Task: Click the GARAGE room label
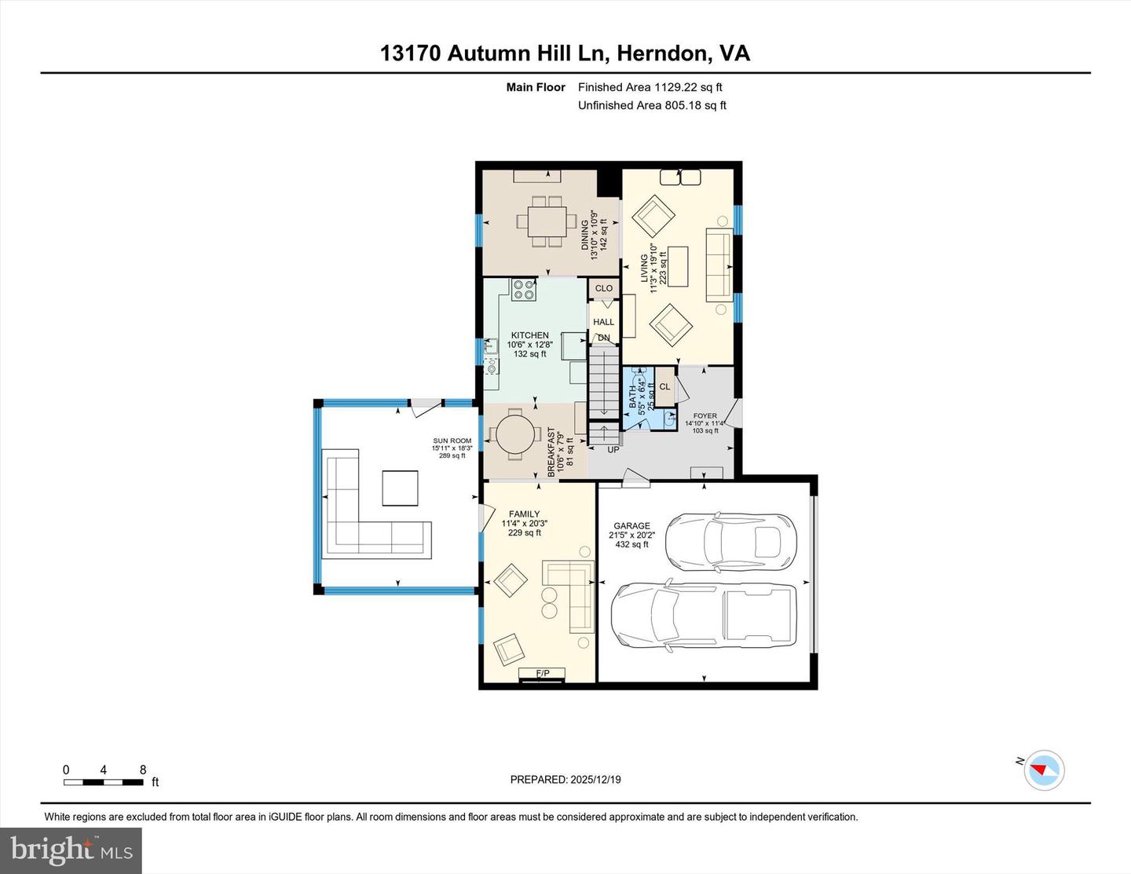pos(631,526)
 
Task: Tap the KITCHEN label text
pos(529,335)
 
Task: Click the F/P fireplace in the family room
pos(542,674)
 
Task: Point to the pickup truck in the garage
pos(704,613)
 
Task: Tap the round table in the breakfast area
pos(516,434)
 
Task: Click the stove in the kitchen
pos(524,291)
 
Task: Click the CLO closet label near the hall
pos(603,288)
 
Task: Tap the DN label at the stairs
pos(603,338)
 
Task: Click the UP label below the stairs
pos(613,449)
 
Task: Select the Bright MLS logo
pos(71,850)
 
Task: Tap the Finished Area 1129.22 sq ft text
pos(650,87)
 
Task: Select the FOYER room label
pos(705,416)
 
